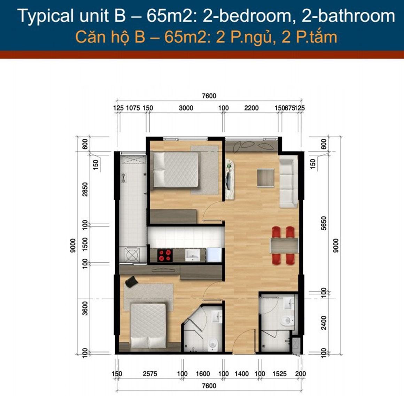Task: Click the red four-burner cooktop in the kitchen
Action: [165, 255]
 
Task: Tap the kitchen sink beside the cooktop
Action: [193, 255]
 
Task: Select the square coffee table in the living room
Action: [265, 177]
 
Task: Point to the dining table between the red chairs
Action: [284, 245]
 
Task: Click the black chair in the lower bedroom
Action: [131, 282]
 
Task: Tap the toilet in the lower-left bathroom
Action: [213, 344]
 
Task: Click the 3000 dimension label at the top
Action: [186, 108]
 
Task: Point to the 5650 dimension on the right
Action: [324, 223]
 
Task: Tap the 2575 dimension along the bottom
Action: [150, 374]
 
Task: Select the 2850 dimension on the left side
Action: [85, 189]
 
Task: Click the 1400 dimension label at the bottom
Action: [241, 374]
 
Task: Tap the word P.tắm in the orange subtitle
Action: [316, 37]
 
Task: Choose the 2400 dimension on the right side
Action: [324, 323]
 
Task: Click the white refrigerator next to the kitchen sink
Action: [214, 255]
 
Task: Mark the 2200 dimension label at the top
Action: [251, 108]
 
